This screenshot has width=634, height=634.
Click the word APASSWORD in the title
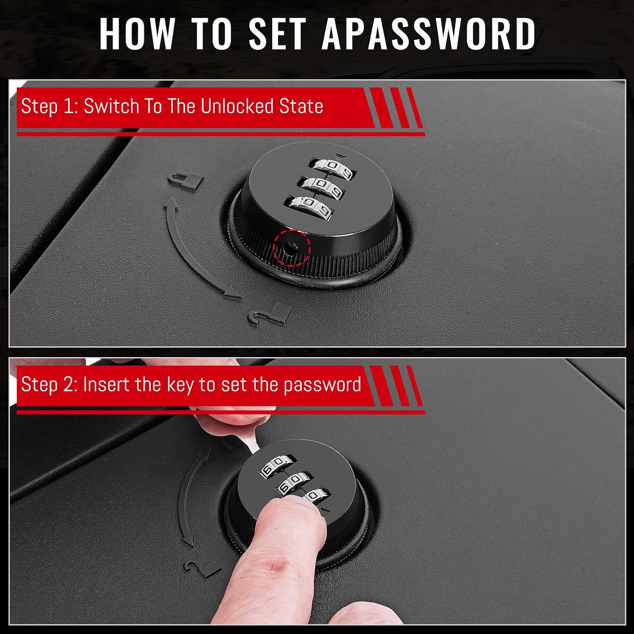pos(429,33)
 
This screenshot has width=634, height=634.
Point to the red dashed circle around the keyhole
pos(292,247)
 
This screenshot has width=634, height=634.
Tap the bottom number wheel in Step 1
pos(310,208)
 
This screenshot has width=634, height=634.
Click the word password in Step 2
pos(322,385)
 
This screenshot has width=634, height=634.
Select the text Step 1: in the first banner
pos(49,106)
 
